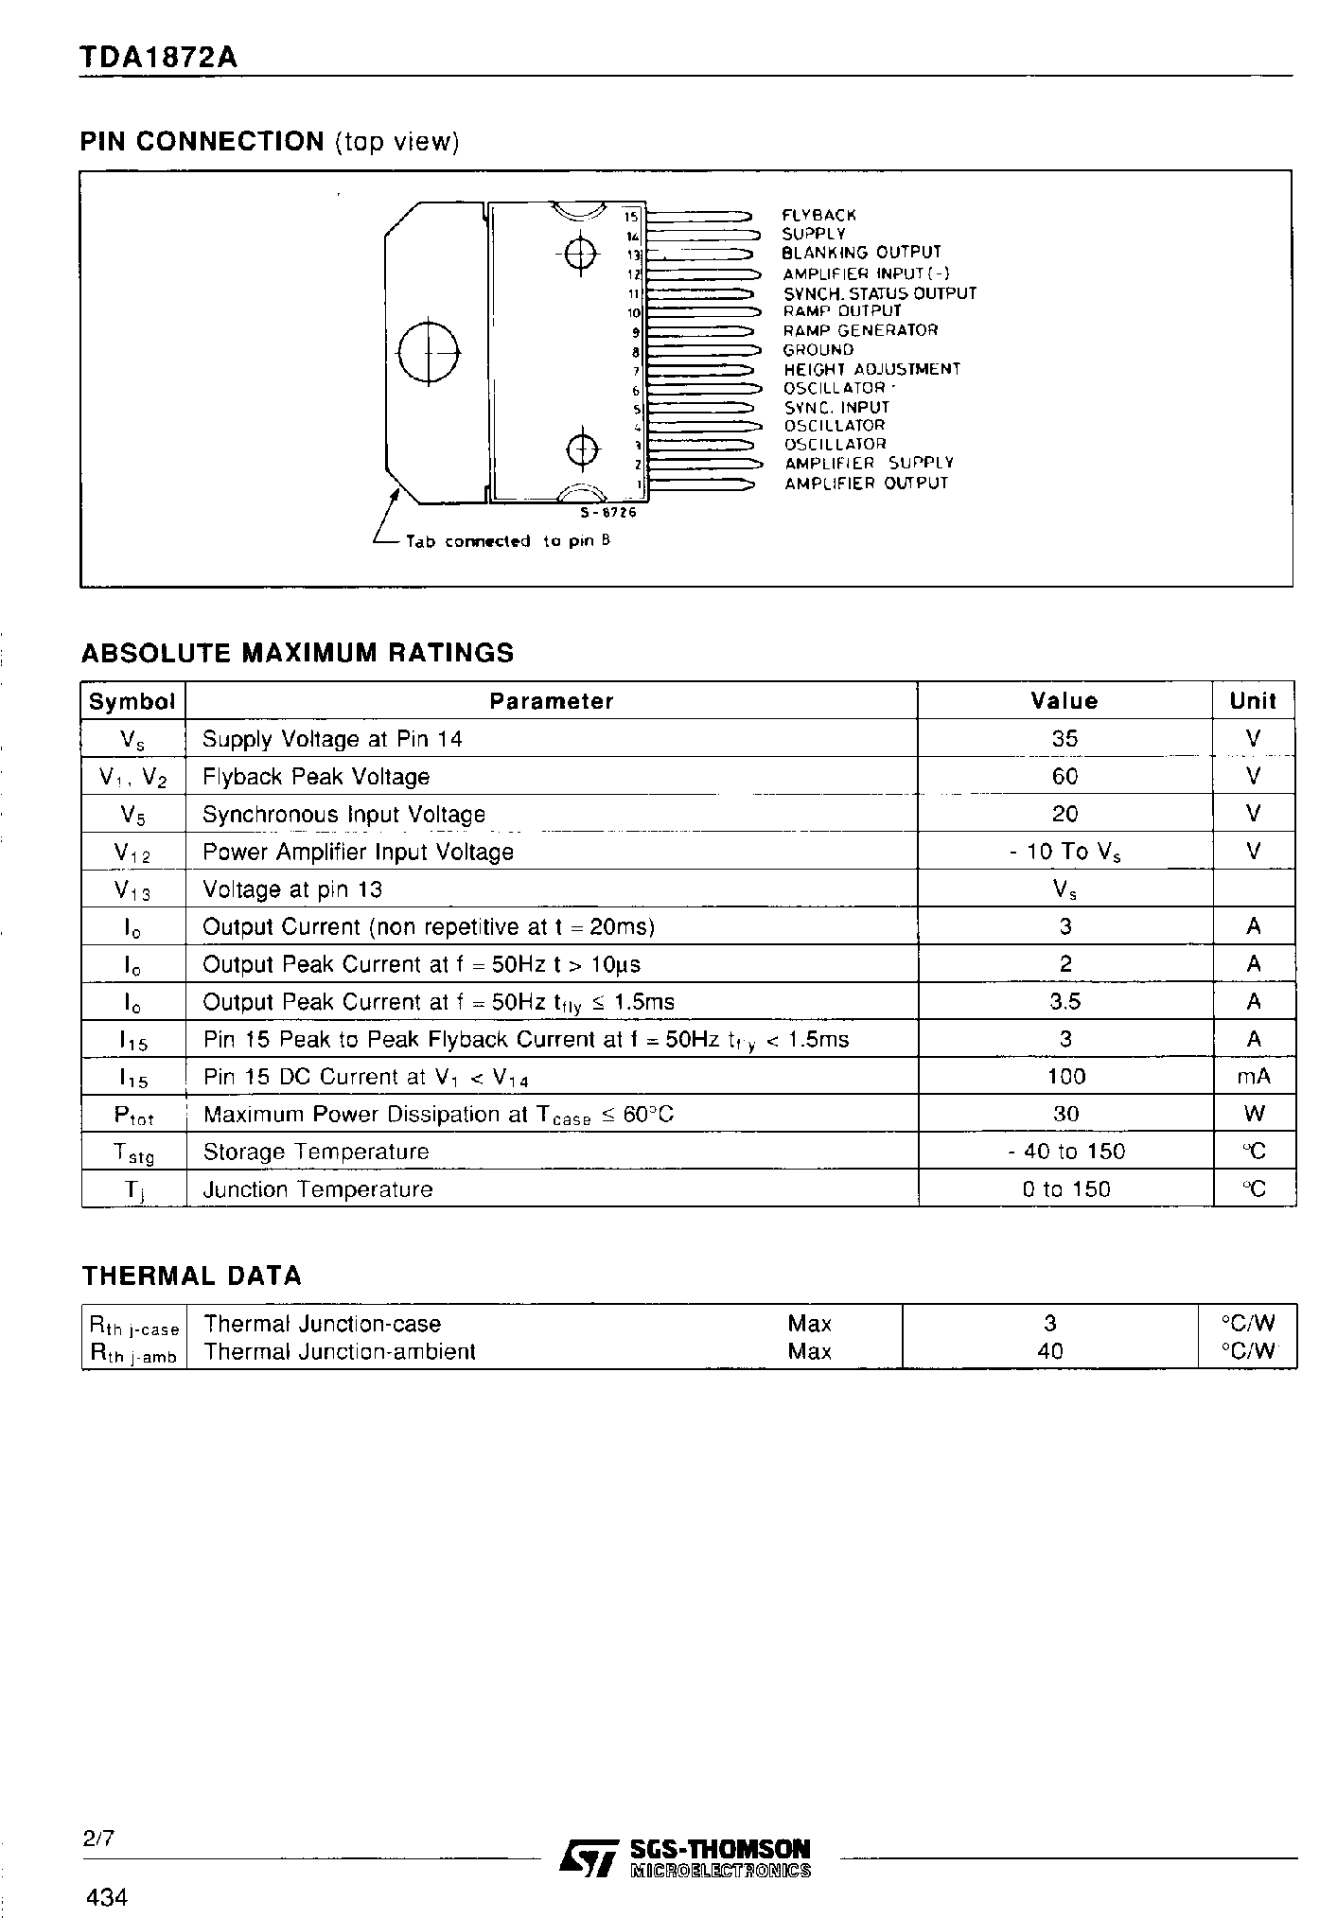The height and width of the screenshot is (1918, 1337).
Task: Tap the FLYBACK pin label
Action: [818, 216]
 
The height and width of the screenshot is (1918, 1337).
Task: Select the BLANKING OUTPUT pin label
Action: [861, 253]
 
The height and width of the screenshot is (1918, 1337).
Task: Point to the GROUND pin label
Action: [818, 350]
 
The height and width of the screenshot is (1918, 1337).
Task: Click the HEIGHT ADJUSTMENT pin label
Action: [871, 369]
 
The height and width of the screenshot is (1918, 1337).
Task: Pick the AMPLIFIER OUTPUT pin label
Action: [866, 484]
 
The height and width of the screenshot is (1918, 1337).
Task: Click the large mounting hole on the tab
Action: [429, 351]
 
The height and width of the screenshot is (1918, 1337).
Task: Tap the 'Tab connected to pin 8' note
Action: [507, 541]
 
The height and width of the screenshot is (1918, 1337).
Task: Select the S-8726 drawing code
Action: [608, 513]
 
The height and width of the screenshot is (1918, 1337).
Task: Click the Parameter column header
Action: [551, 701]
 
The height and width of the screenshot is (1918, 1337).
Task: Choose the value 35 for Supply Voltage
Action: [1064, 739]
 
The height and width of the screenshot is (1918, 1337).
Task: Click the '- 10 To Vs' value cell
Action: [1064, 852]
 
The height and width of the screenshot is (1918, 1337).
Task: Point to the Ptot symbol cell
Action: [133, 1115]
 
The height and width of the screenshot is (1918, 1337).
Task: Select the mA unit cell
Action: [1254, 1077]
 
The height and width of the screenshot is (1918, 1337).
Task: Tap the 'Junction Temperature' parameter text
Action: [318, 1189]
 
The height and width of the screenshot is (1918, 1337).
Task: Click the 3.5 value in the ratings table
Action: [1065, 1002]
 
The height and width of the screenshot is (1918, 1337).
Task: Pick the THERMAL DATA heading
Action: [191, 1276]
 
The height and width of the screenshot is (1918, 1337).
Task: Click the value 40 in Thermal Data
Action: [1050, 1351]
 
